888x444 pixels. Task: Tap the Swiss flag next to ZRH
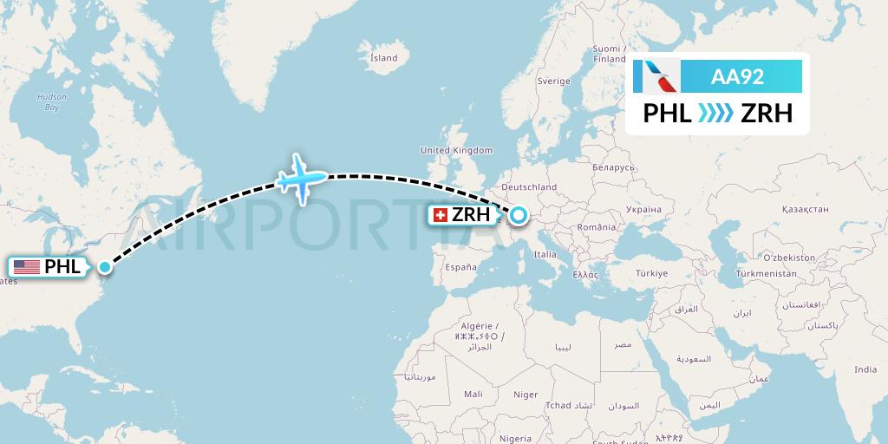(x=440, y=214)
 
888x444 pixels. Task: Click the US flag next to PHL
(x=27, y=267)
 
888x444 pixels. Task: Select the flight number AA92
(x=737, y=76)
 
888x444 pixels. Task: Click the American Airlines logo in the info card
(x=656, y=76)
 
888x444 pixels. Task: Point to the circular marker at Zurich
(x=519, y=214)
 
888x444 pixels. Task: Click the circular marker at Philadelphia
(x=105, y=267)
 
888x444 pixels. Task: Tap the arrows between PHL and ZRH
(x=716, y=114)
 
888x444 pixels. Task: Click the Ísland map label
(x=383, y=58)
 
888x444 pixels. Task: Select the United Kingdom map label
(x=456, y=150)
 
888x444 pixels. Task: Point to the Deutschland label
(x=529, y=186)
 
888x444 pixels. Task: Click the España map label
(x=460, y=268)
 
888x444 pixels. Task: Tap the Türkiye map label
(x=651, y=273)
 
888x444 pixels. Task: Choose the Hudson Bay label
(x=51, y=102)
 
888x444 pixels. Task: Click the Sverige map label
(x=553, y=81)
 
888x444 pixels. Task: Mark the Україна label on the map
(x=643, y=210)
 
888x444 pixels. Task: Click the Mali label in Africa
(x=473, y=394)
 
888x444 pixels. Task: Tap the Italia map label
(x=545, y=254)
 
